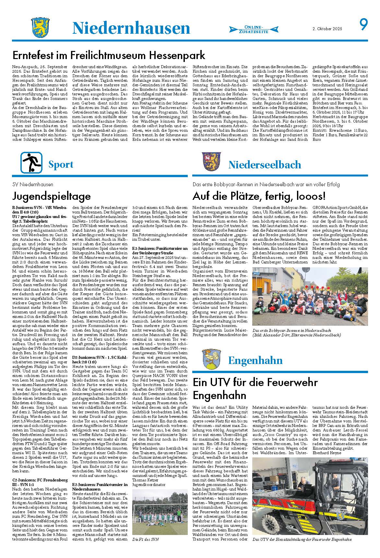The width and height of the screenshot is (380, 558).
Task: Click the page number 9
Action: (x=363, y=25)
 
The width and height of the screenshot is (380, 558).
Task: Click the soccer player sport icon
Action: (x=31, y=163)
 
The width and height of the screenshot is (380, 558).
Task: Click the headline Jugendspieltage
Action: (x=51, y=196)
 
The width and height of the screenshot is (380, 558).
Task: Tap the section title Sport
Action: (x=61, y=164)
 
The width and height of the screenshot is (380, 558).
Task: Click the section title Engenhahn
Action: (x=255, y=360)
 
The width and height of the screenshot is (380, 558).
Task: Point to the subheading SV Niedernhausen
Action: (x=32, y=185)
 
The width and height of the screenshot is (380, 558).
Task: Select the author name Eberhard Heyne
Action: (x=327, y=453)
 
